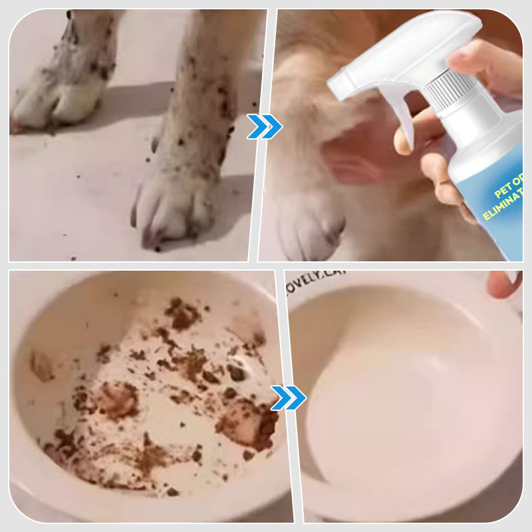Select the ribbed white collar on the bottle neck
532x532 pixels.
(452, 90)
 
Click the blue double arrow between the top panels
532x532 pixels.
(264, 126)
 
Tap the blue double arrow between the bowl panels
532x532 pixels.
(288, 398)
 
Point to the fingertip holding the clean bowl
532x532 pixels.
(503, 285)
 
